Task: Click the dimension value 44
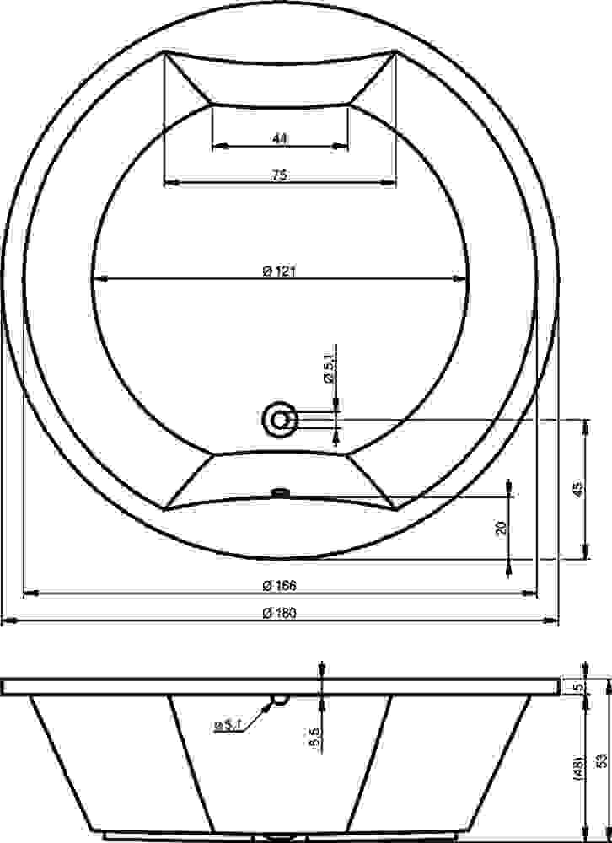(279, 138)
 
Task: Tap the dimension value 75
(279, 175)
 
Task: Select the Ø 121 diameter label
(279, 271)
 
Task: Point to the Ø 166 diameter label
(279, 586)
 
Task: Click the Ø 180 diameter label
(279, 613)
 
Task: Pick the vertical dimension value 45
(577, 489)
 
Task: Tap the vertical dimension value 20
(502, 528)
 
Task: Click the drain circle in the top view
(279, 419)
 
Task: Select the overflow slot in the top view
(280, 491)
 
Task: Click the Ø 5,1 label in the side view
(228, 725)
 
